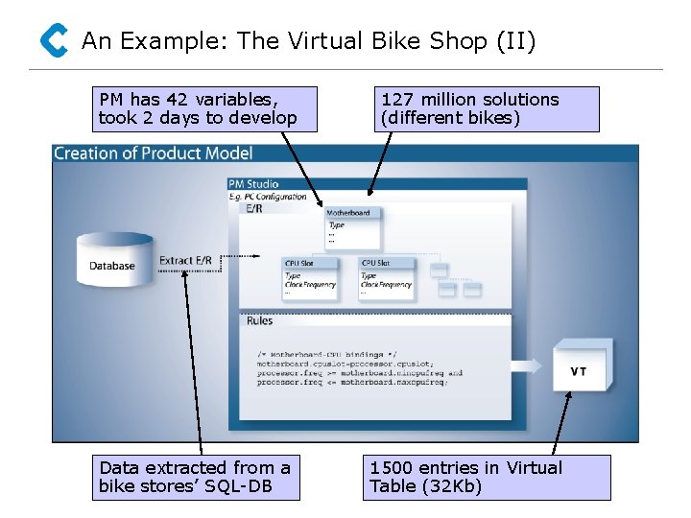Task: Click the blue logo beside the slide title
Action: [x=54, y=41]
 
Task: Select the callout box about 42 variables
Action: [x=206, y=108]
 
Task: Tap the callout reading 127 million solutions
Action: [x=487, y=108]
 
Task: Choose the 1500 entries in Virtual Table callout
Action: [x=488, y=477]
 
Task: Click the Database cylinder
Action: [x=113, y=260]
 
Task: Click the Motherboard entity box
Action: [x=352, y=226]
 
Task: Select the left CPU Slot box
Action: [x=310, y=276]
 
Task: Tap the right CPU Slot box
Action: [x=387, y=276]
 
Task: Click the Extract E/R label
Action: [x=185, y=260]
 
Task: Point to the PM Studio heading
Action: [x=254, y=184]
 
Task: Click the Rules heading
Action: [x=259, y=320]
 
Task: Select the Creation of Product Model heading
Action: [x=154, y=153]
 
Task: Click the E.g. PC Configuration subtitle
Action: [x=267, y=197]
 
